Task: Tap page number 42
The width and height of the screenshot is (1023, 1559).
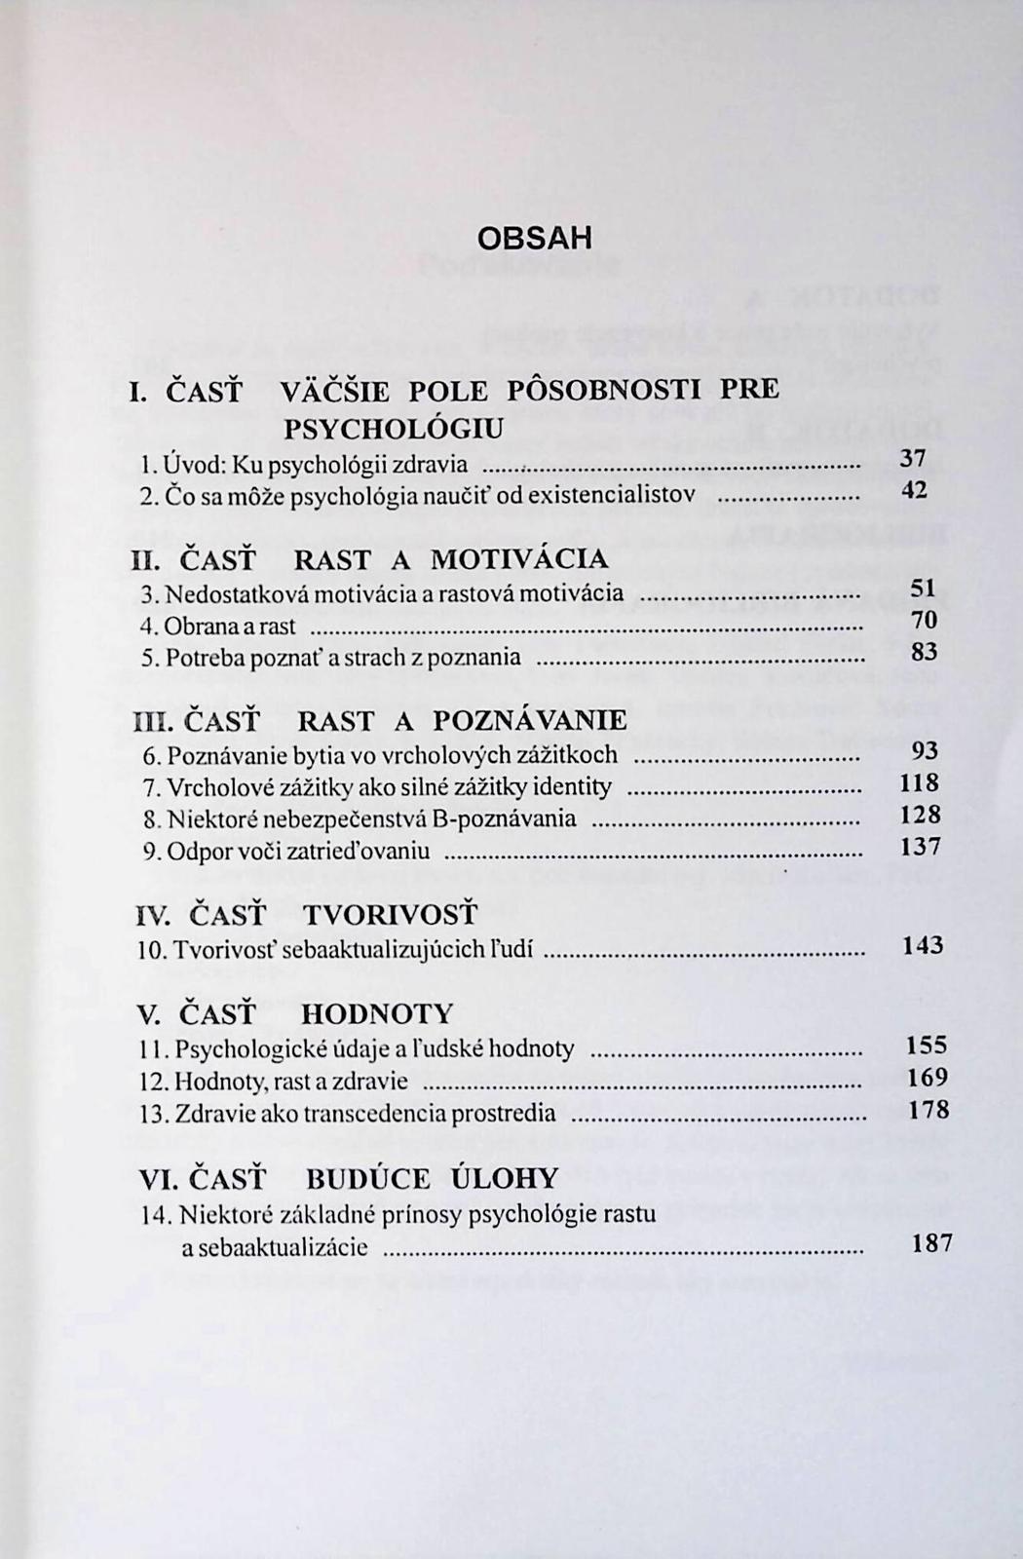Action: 914,490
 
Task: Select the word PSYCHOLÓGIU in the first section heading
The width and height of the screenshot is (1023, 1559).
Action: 394,429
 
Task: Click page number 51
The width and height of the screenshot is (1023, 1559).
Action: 923,588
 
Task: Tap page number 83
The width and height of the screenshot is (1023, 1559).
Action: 924,651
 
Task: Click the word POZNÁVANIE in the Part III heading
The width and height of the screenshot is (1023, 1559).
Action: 530,721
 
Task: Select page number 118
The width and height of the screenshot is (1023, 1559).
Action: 919,782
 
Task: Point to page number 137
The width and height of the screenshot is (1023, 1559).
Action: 920,847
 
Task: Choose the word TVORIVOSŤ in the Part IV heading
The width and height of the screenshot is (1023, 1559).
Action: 391,915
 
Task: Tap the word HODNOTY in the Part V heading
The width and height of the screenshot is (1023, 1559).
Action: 377,1014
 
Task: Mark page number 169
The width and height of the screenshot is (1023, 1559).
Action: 927,1077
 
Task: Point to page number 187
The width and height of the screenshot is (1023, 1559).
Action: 930,1243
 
